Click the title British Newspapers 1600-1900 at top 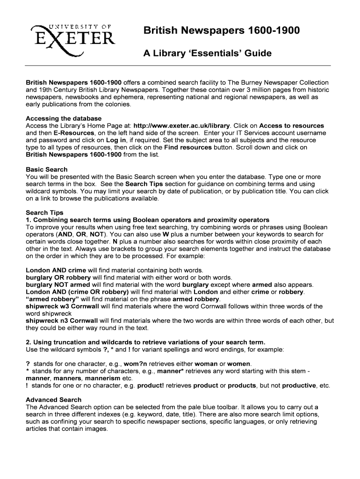pos(222,31)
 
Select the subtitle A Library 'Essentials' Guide pos(207,53)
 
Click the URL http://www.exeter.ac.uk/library pos(182,126)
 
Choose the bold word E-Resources pos(65,133)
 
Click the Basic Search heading pos(47,169)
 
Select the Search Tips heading pos(44,212)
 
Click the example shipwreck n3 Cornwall pos(62,320)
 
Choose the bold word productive pos(299,385)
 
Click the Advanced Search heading pos(54,400)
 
